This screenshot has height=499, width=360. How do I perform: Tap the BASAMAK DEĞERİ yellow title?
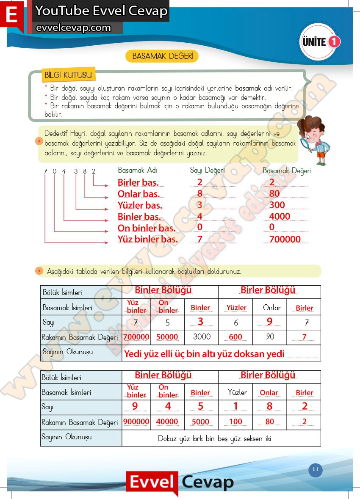pyautogui.click(x=163, y=56)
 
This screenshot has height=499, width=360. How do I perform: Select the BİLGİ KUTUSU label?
pyautogui.click(x=68, y=75)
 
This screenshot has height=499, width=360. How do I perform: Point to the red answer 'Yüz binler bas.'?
pyautogui.click(x=147, y=239)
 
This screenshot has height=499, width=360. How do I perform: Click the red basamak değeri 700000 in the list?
pyautogui.click(x=285, y=239)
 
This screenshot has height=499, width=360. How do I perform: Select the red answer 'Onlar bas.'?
pyautogui.click(x=138, y=194)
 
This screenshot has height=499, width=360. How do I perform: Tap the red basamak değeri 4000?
pyautogui.click(x=280, y=216)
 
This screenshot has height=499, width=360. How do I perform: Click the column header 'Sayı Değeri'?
pyautogui.click(x=207, y=170)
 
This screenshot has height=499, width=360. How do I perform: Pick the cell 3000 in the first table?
pyautogui.click(x=202, y=337)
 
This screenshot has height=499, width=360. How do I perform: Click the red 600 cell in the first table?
pyautogui.click(x=235, y=337)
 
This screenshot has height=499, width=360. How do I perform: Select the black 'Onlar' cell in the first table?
pyautogui.click(x=270, y=308)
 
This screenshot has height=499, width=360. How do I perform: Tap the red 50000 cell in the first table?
pyautogui.click(x=167, y=337)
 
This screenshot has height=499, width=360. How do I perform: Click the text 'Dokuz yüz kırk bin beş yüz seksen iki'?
pyautogui.click(x=214, y=438)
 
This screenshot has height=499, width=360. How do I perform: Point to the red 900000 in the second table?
pyautogui.click(x=136, y=422)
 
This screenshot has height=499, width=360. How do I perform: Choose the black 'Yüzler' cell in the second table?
pyautogui.click(x=237, y=392)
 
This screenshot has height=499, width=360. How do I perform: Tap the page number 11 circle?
pyautogui.click(x=315, y=469)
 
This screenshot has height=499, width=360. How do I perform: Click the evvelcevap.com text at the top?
pyautogui.click(x=74, y=28)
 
